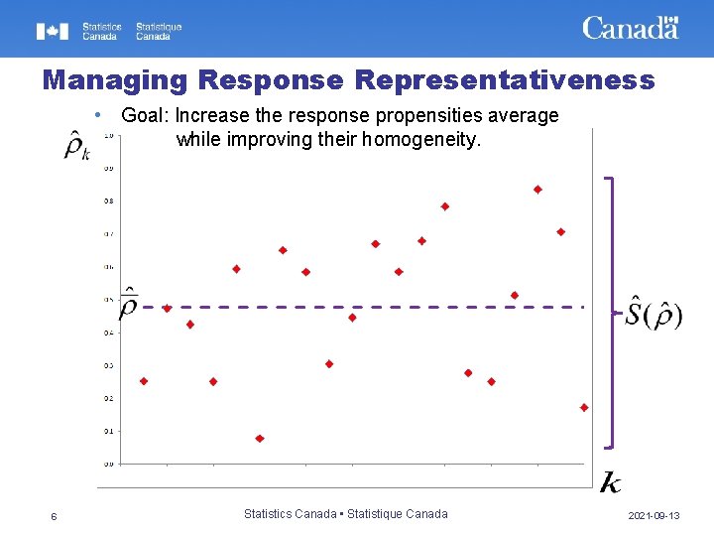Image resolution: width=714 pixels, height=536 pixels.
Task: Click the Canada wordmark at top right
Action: (630, 28)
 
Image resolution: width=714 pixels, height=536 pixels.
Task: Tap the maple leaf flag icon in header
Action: (53, 32)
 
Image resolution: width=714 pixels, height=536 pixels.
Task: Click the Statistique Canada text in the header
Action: (159, 32)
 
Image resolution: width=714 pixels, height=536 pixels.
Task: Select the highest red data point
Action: (537, 189)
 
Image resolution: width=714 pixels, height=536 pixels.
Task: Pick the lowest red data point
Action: (260, 438)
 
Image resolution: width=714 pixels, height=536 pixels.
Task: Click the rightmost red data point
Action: (584, 407)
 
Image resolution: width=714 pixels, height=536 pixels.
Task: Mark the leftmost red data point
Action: (144, 381)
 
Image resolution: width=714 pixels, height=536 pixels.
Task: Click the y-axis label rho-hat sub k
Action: (76, 146)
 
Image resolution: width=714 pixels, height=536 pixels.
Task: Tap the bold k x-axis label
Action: (611, 483)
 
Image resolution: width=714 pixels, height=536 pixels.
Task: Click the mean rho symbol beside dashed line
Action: (128, 305)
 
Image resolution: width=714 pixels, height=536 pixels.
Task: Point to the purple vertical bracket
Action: (614, 312)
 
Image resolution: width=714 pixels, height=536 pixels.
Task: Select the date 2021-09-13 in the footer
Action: (654, 516)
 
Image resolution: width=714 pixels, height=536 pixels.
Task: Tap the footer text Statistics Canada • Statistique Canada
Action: (345, 514)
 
